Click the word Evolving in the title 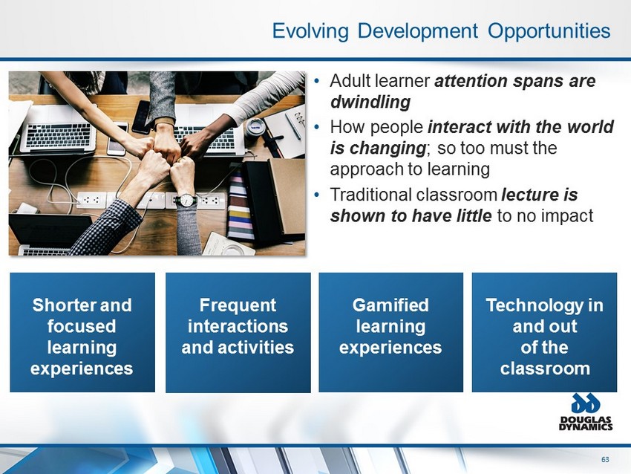(310, 31)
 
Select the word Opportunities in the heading (549, 31)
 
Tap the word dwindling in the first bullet (370, 102)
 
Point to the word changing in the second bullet (387, 148)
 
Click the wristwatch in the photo (186, 200)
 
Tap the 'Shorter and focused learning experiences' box (82, 332)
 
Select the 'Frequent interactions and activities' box (238, 332)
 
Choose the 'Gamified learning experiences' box (390, 332)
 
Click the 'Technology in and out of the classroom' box (544, 332)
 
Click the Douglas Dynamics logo (586, 412)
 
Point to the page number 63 (605, 459)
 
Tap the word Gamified (390, 305)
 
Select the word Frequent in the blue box (238, 305)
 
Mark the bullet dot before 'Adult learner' (317, 81)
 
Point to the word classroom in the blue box (545, 369)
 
